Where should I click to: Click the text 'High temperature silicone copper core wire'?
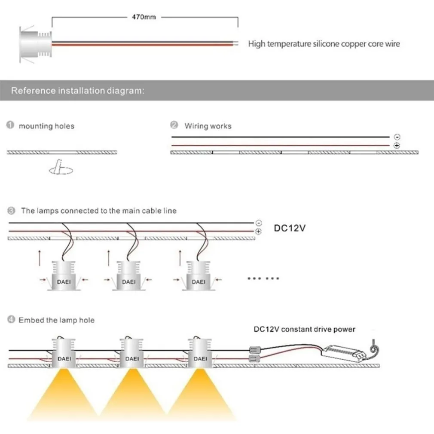(324, 44)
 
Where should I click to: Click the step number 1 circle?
(10, 125)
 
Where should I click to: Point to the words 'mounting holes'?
(46, 126)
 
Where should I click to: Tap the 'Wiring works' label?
(208, 126)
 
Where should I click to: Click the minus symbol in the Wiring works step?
(397, 137)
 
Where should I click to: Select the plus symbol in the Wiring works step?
(397, 146)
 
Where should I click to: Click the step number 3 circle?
(11, 211)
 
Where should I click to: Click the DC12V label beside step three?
(290, 228)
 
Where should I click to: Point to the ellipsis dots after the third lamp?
(263, 278)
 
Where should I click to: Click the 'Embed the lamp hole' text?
(56, 320)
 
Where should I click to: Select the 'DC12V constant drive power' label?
(304, 330)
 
